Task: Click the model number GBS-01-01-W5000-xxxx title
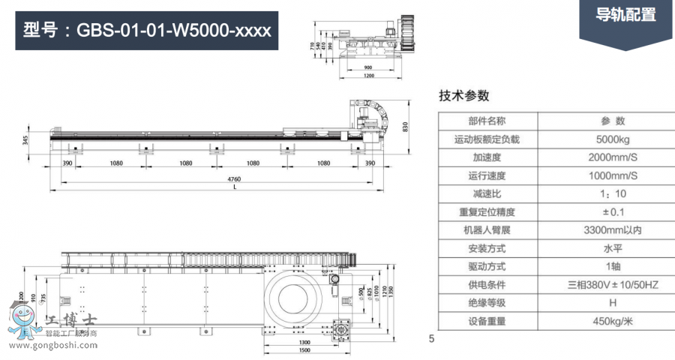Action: pos(147,31)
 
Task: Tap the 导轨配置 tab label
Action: pos(625,15)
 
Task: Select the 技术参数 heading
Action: pos(463,95)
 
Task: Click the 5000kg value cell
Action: pos(612,139)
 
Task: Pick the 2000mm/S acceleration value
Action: pos(612,157)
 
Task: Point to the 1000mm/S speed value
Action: pos(612,175)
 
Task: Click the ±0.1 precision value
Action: pos(612,212)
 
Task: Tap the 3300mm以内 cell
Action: pos(612,230)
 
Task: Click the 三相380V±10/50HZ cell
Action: pos(612,285)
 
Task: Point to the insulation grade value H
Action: pos(612,303)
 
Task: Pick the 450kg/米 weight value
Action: pos(612,321)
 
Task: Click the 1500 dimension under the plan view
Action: pos(303,349)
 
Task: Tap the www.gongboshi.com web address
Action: pos(52,346)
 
